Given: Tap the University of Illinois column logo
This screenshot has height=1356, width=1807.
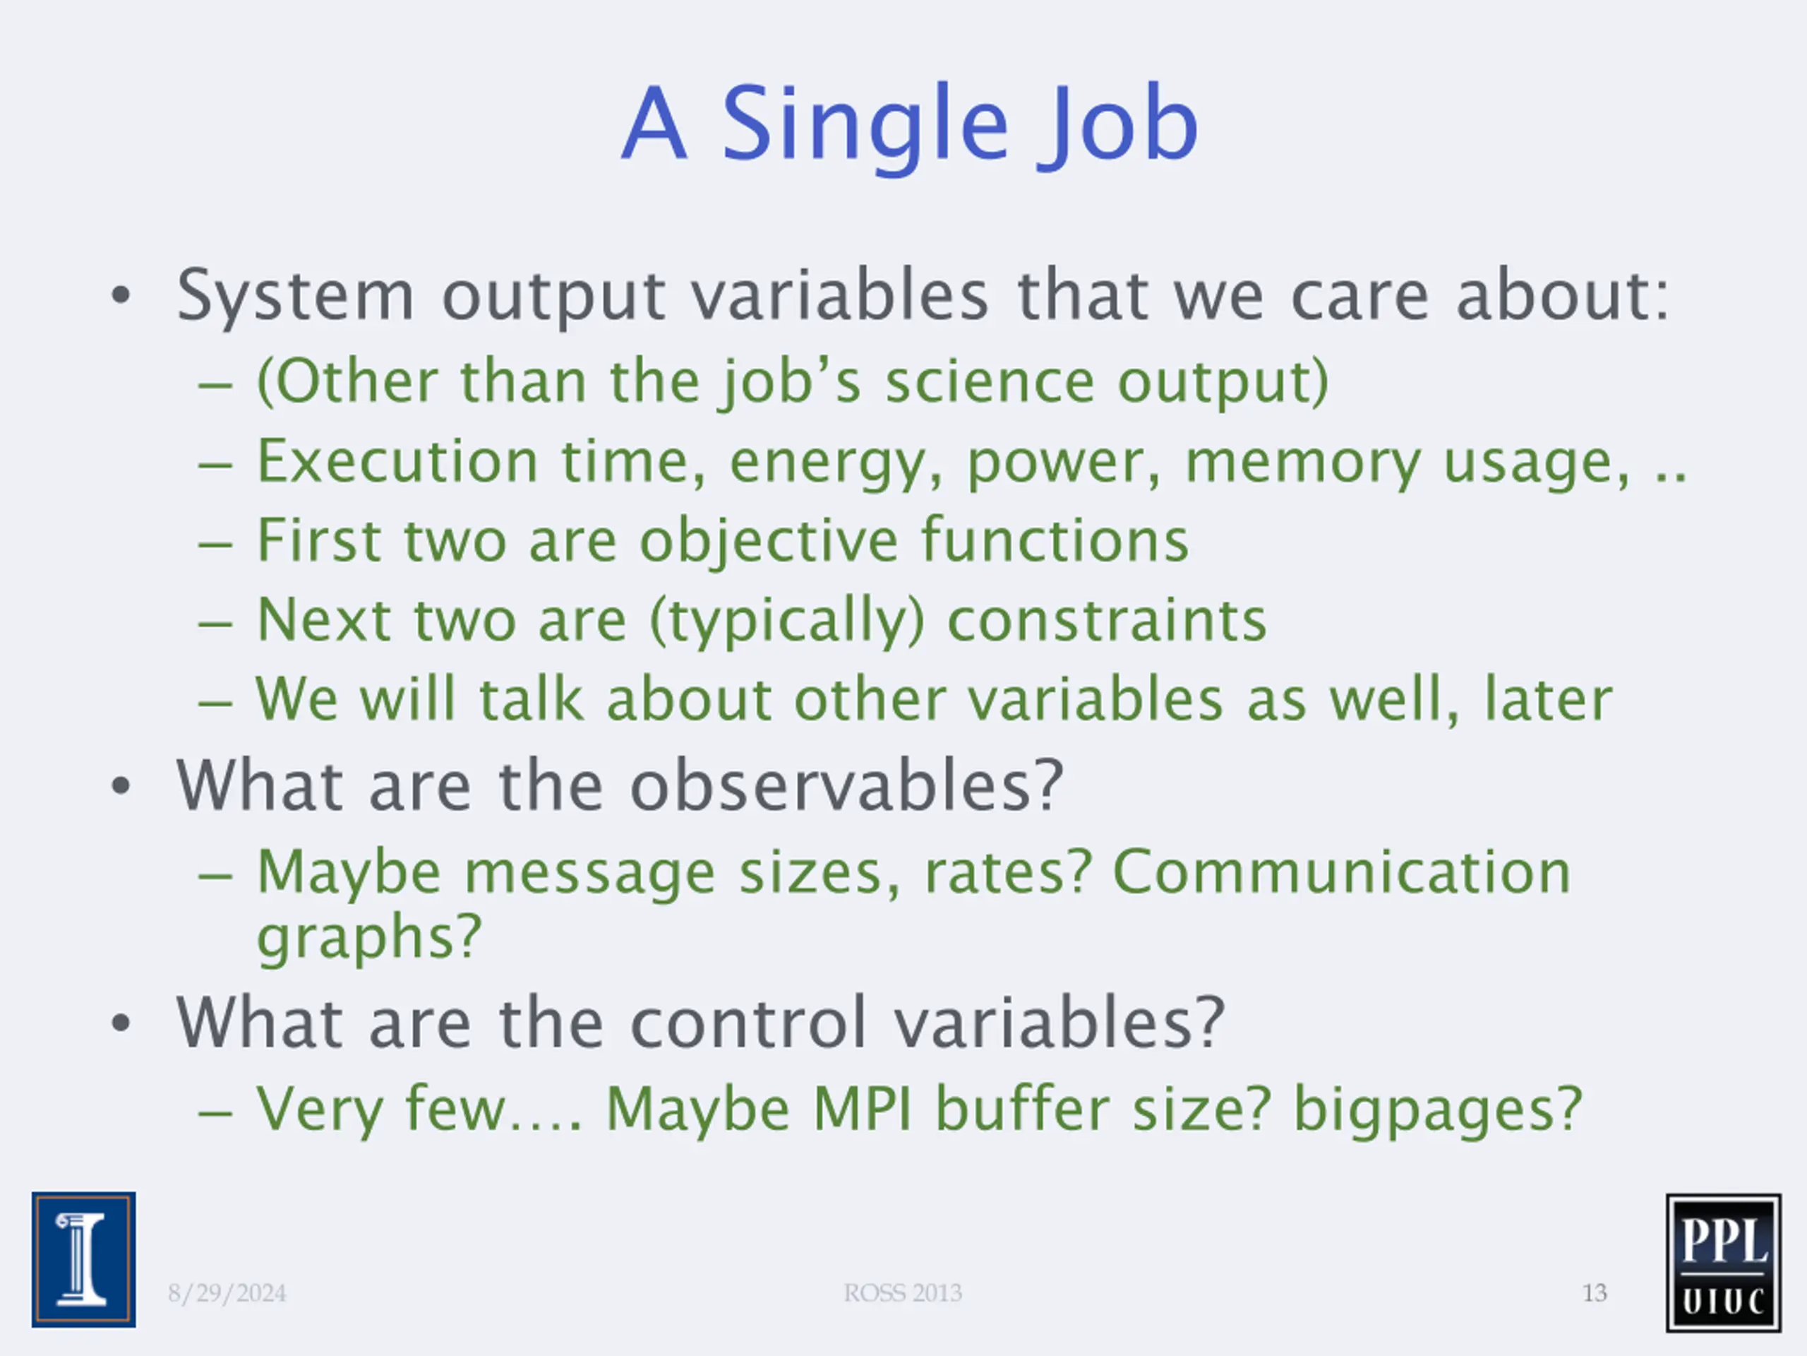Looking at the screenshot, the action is pos(84,1259).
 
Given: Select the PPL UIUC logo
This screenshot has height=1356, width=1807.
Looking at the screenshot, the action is pos(1724,1263).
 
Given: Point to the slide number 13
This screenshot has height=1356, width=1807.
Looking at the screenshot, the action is pos(1595,1293).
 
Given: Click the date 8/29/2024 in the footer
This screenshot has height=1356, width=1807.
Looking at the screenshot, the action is pos(227,1293).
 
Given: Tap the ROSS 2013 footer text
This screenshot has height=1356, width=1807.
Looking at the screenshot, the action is pos(903,1293).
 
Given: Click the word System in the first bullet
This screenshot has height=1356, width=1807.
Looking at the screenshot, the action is pos(296,296).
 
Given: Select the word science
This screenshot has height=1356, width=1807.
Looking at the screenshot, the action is pos(990,381).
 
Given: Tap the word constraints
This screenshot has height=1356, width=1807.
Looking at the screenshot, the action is pos(1107,620).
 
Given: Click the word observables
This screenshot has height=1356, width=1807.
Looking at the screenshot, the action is pos(846,785).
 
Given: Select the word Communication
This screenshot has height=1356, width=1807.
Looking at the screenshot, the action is pos(1342,872).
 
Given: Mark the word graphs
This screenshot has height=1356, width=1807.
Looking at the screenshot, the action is pos(369,937).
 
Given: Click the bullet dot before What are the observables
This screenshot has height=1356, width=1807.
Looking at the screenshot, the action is pos(121,786).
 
